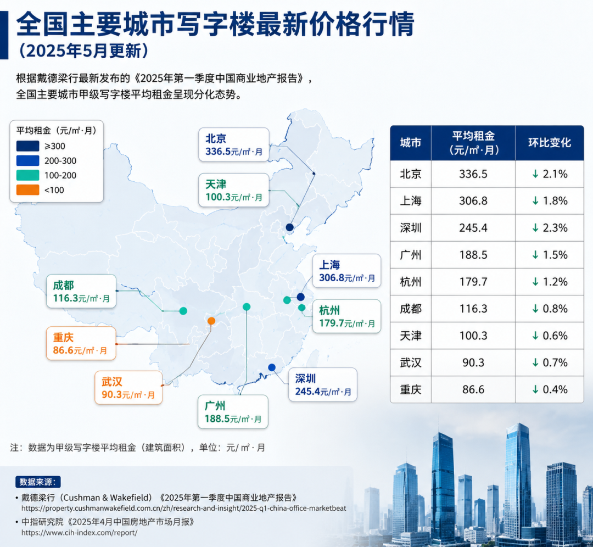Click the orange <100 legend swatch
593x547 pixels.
pyautogui.click(x=27, y=190)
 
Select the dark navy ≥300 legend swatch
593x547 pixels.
pyautogui.click(x=27, y=146)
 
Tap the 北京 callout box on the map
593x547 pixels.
pyautogui.click(x=234, y=144)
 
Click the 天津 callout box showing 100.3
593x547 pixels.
pyautogui.click(x=234, y=190)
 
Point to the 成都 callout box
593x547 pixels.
pyautogui.click(x=81, y=291)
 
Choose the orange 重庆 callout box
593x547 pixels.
pyautogui.click(x=81, y=343)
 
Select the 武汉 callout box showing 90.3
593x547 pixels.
pyautogui.click(x=128, y=388)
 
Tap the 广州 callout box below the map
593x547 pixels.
pyautogui.click(x=233, y=412)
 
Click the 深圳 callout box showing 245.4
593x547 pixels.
pyautogui.click(x=323, y=384)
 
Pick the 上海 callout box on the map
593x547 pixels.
pyautogui.click(x=346, y=271)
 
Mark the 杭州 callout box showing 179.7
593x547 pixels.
pyautogui.click(x=346, y=316)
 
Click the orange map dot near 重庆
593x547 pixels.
pyautogui.click(x=211, y=321)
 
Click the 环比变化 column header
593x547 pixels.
pyautogui.click(x=550, y=143)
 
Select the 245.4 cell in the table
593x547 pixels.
pyautogui.click(x=473, y=228)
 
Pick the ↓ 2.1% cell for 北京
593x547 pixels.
pyautogui.click(x=550, y=174)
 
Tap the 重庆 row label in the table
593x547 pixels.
pyautogui.click(x=411, y=389)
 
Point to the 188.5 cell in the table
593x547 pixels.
pyautogui.click(x=473, y=255)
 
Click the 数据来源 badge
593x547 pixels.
pyautogui.click(x=38, y=482)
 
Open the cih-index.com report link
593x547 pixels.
pyautogui.click(x=79, y=533)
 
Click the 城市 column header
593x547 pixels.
pyautogui.click(x=411, y=143)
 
